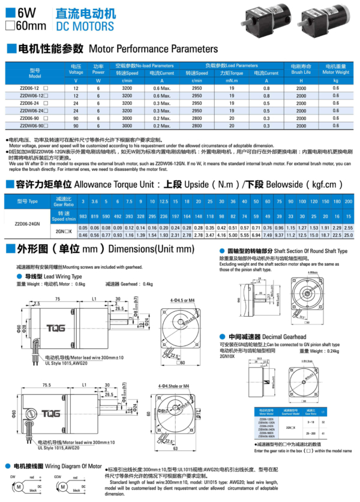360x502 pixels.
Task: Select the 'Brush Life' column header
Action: (x=301, y=71)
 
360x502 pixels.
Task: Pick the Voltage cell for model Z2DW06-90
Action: (x=76, y=126)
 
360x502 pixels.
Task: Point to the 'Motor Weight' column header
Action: (x=335, y=71)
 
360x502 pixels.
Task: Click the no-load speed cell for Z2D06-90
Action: (x=127, y=119)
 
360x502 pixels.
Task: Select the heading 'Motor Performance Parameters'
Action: (x=153, y=48)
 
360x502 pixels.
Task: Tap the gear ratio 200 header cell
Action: (x=348, y=202)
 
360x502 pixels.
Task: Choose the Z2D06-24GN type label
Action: (x=27, y=223)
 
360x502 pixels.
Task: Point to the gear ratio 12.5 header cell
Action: (x=163, y=202)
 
